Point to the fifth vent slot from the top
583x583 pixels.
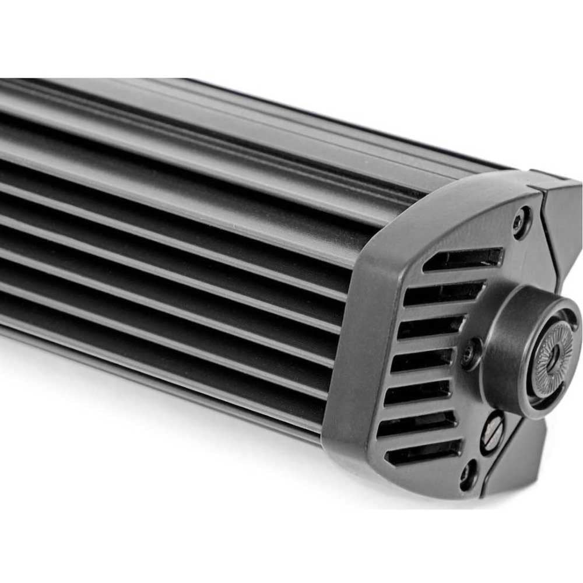tap(417, 392)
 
